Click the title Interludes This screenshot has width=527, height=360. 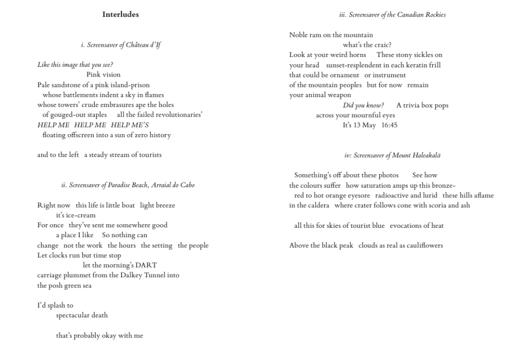(x=120, y=14)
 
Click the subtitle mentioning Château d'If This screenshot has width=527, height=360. (x=120, y=45)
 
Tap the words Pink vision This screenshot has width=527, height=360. (x=103, y=75)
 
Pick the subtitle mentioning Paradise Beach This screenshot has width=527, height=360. (x=128, y=185)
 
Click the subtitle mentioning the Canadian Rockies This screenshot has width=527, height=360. (x=392, y=14)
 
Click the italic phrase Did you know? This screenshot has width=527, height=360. (x=363, y=105)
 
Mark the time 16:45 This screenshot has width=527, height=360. (x=389, y=125)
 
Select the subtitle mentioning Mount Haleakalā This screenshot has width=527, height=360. (x=392, y=155)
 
